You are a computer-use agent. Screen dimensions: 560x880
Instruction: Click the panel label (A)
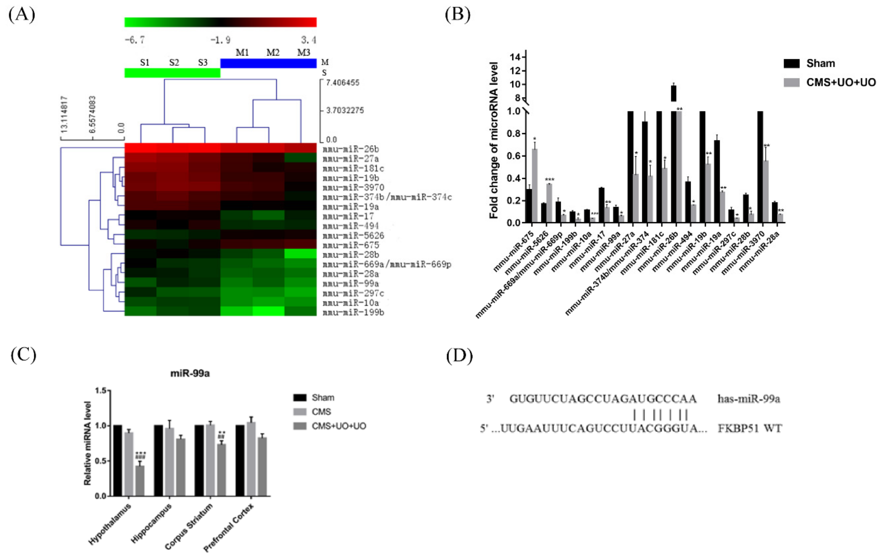click(x=22, y=15)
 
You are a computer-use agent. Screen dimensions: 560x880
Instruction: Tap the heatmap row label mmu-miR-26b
click(x=351, y=149)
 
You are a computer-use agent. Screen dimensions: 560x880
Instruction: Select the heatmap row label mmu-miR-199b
click(x=353, y=312)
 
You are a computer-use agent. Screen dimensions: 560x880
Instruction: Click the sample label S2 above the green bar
click(x=174, y=62)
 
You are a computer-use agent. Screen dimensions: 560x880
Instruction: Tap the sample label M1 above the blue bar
click(x=242, y=53)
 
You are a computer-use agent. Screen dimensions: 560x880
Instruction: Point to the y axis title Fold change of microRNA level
click(x=494, y=141)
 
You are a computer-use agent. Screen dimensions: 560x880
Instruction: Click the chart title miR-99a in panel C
click(x=190, y=373)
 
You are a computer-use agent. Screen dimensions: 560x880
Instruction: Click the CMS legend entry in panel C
click(x=321, y=412)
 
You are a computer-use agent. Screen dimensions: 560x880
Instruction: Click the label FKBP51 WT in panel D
click(x=749, y=428)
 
